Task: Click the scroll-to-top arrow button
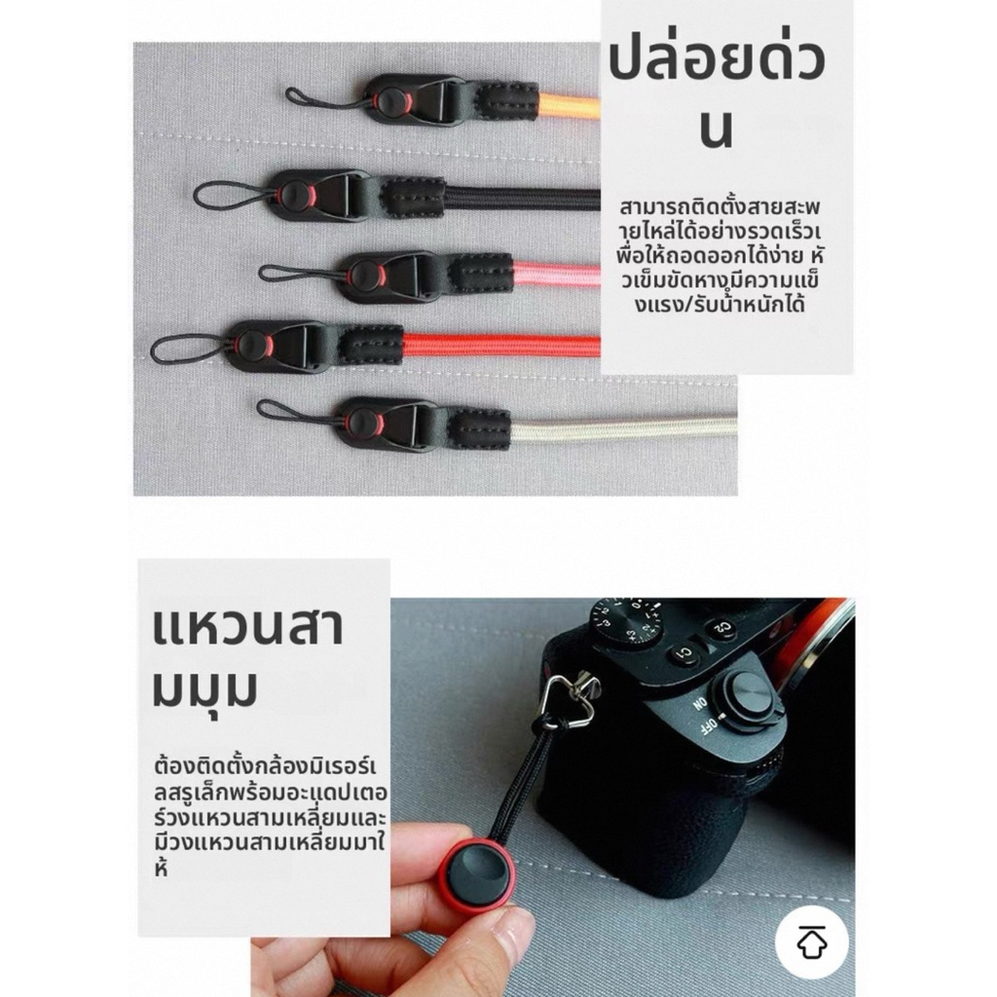point(811,942)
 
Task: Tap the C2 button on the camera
point(723,628)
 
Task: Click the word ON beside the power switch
point(699,704)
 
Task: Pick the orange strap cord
point(569,104)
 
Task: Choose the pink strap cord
point(556,274)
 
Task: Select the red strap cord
point(501,345)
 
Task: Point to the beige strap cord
point(624,428)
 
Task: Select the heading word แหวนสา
point(248,625)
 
